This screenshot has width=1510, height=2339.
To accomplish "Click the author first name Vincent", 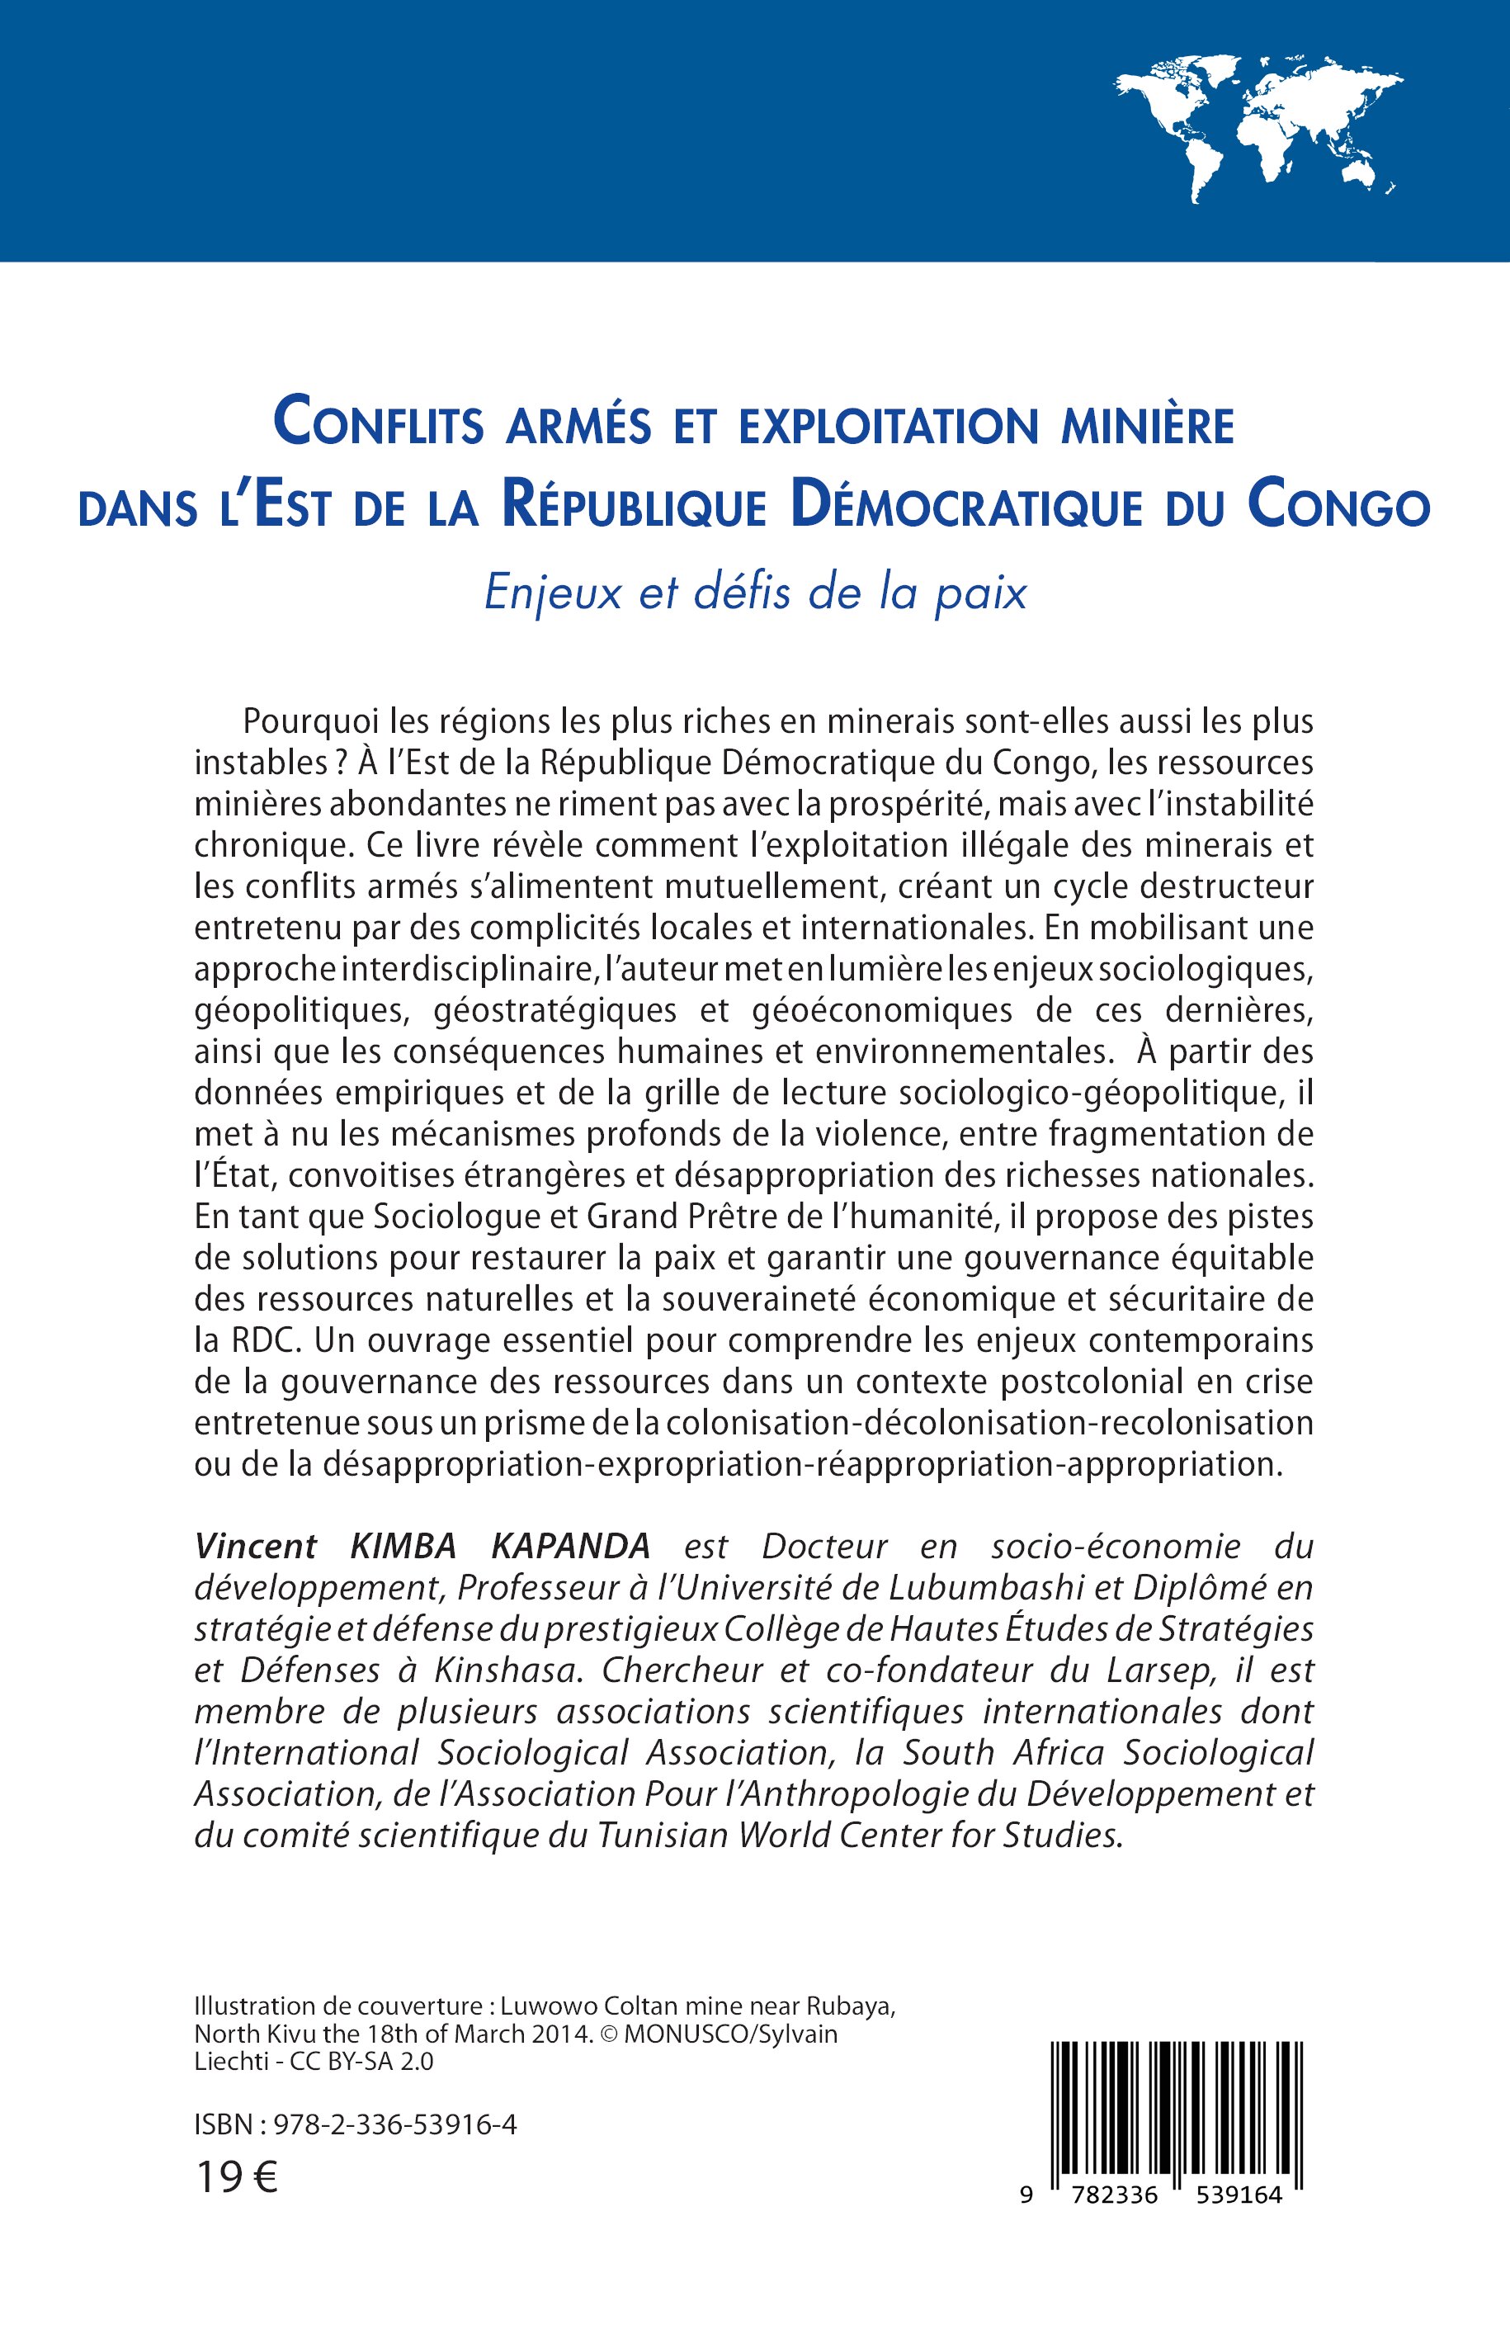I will pos(256,1546).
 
